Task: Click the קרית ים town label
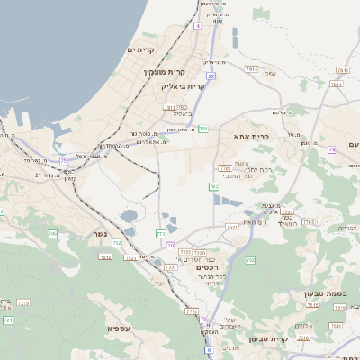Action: pyautogui.click(x=142, y=49)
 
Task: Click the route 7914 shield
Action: pyautogui.click(x=251, y=68)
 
